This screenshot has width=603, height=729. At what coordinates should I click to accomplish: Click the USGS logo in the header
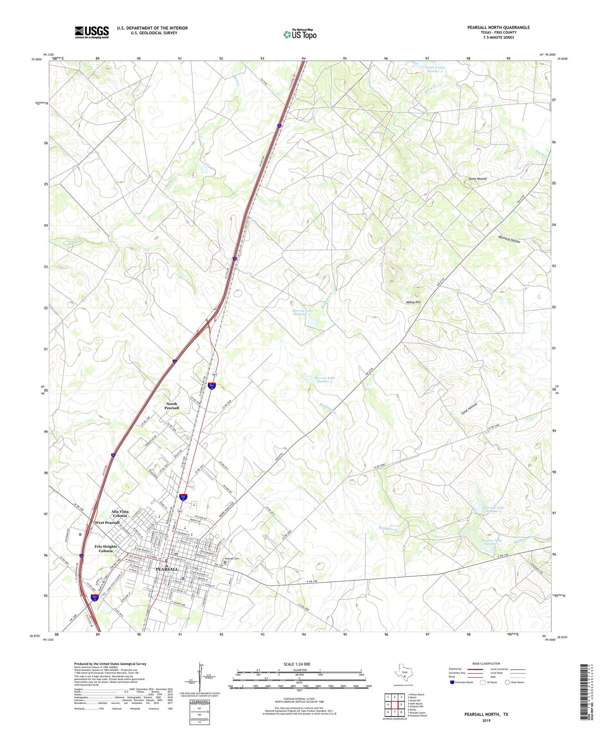(x=92, y=32)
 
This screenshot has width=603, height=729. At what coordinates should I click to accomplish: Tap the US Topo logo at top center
(x=300, y=34)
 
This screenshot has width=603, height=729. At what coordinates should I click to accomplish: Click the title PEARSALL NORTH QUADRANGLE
(x=498, y=28)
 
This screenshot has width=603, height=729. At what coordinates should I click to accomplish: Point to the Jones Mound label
(x=477, y=179)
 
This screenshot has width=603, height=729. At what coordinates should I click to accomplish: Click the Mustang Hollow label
(x=509, y=239)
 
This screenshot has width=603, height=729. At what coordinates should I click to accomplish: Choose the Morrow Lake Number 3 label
(x=325, y=380)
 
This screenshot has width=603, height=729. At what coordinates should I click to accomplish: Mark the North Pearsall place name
(x=172, y=406)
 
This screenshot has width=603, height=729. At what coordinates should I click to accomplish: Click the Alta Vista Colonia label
(x=120, y=513)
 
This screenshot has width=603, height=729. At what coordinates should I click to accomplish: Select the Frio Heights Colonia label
(x=106, y=548)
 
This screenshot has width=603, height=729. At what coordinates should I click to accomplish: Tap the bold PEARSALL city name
(x=167, y=569)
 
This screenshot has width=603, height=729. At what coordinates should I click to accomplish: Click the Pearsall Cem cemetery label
(x=232, y=559)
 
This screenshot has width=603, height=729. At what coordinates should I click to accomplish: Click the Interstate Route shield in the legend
(x=452, y=682)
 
